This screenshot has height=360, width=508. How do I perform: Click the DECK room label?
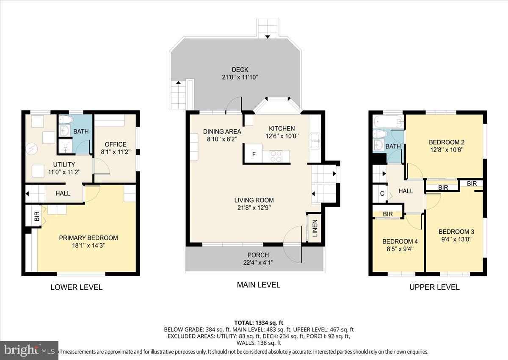click(240, 70)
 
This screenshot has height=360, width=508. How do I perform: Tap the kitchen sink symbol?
click(315, 140)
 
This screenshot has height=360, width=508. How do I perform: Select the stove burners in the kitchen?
click(276, 156)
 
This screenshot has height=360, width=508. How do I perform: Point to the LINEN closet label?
click(315, 229)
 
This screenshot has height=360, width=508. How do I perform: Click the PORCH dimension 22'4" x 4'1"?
click(258, 263)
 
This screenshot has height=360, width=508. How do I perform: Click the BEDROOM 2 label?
click(444, 142)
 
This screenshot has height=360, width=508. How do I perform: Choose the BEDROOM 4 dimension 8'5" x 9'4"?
click(400, 249)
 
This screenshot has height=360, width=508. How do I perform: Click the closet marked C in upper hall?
click(382, 194)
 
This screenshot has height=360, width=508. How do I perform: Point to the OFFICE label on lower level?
click(116, 144)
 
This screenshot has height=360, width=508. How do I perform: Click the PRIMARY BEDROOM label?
click(88, 238)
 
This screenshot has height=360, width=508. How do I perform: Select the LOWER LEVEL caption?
click(76, 287)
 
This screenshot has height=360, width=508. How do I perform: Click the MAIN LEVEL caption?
click(258, 285)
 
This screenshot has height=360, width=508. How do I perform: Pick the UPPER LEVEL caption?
click(434, 287)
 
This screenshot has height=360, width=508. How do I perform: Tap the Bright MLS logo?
click(29, 350)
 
